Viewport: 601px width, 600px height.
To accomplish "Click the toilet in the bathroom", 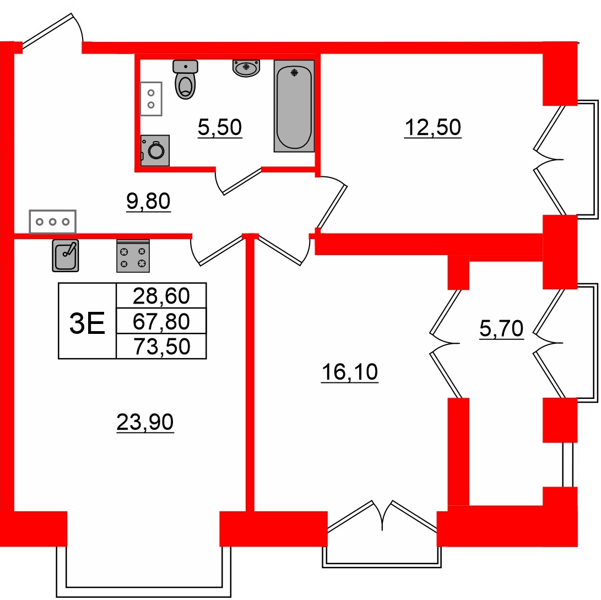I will point(185,80).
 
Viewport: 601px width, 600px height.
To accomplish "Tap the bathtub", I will point(294,106).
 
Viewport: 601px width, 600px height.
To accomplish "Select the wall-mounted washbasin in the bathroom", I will point(246,68).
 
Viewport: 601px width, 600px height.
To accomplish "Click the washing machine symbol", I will point(155,150).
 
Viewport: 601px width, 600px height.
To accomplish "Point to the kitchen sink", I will point(66,255).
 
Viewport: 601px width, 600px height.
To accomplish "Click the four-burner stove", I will point(133,257).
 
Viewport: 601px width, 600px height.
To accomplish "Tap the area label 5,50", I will point(220,128).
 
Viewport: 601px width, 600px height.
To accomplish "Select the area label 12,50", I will point(432,128).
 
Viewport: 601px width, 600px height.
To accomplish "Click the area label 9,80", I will point(149,201).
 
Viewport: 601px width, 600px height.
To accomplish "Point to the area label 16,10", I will point(349,373).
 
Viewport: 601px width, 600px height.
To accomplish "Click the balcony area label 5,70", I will point(501,329).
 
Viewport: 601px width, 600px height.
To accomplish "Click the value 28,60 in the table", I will point(161,296).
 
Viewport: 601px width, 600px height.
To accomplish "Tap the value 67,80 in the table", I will point(161,321).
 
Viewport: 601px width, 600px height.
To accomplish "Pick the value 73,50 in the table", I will point(161,346).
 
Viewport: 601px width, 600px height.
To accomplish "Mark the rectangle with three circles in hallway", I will point(53,221).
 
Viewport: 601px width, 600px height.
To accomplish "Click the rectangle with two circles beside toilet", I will point(151,99).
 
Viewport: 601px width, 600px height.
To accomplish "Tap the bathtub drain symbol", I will point(294,72).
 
